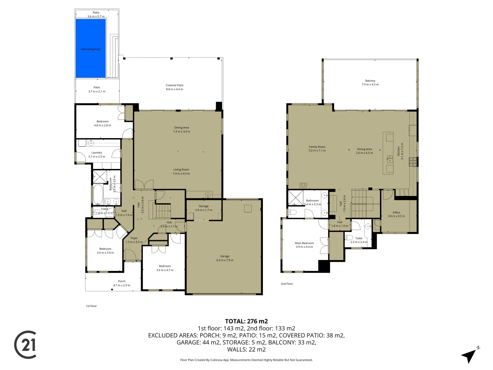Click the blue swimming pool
pyautogui.click(x=90, y=48)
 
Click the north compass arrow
pyautogui.click(x=469, y=355)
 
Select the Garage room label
pyautogui.click(x=225, y=258)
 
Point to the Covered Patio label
pyautogui.click(x=174, y=87)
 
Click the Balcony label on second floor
pyautogui.click(x=370, y=83)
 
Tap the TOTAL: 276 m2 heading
pyautogui.click(x=246, y=321)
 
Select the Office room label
pyautogui.click(x=396, y=214)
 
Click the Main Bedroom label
pyautogui.click(x=304, y=245)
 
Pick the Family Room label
pyautogui.click(x=317, y=148)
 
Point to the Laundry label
pyautogui.click(x=97, y=155)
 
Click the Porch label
pyautogui.click(x=122, y=283)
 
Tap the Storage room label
pyautogui.click(x=203, y=208)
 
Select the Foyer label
pyautogui.click(x=134, y=240)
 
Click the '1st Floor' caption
pyautogui.click(x=91, y=306)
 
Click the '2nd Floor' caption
pyautogui.click(x=287, y=284)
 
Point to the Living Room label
pyautogui.click(x=181, y=171)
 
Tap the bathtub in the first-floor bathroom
pyautogui.click(x=98, y=195)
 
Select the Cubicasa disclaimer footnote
pyautogui.click(x=246, y=360)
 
